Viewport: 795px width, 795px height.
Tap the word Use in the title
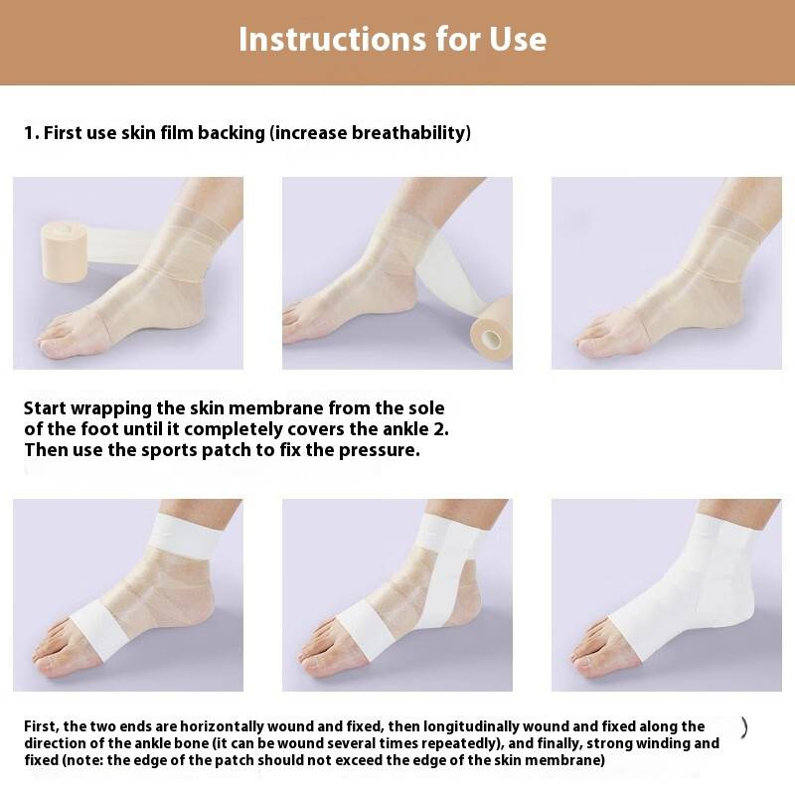518,39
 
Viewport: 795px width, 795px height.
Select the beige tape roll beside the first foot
65,251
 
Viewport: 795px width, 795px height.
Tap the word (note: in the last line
82,760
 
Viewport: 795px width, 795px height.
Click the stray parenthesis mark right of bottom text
743,727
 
